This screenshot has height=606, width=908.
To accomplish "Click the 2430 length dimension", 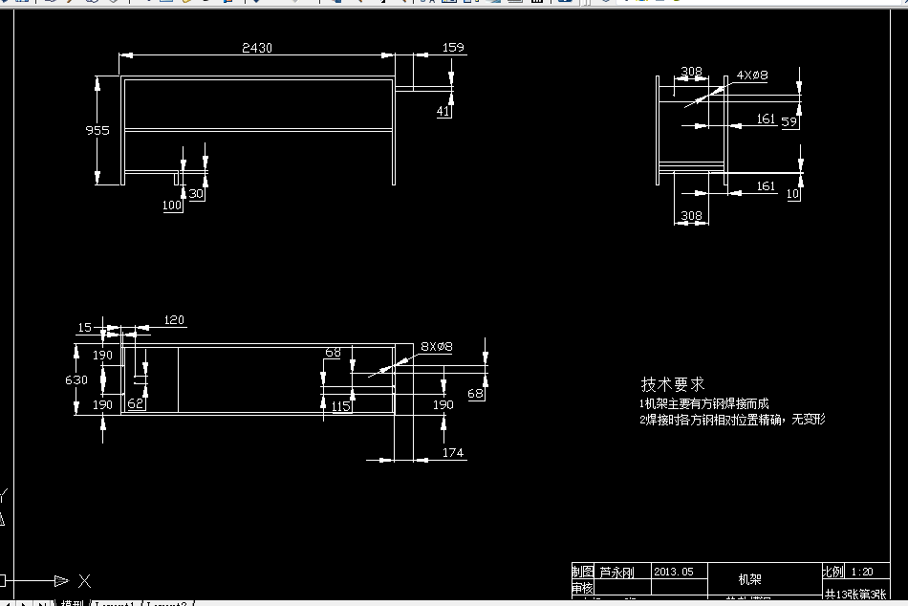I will tap(257, 47).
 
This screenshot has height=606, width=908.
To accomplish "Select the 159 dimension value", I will tap(453, 47).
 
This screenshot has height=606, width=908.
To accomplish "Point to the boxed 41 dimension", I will tap(443, 112).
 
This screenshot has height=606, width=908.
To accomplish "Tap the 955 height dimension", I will tap(97, 130).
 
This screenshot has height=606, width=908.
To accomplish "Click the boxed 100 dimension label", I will tap(172, 206).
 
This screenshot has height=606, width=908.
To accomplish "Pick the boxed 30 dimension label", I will tap(196, 194).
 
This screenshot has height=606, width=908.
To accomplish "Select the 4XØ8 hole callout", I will tap(752, 75).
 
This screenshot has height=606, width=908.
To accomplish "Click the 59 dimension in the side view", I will tap(789, 122).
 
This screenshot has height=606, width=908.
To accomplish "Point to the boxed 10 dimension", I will tap(793, 194).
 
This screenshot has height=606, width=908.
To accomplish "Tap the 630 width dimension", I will tap(76, 379).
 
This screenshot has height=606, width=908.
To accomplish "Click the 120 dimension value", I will tap(174, 320).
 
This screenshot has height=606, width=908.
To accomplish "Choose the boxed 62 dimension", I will tap(136, 404).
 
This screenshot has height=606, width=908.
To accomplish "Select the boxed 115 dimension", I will tap(341, 406).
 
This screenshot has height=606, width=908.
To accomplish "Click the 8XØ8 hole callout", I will tap(436, 347).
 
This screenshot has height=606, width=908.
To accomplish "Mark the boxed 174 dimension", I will tap(453, 452).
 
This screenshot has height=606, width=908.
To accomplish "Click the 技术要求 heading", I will tap(672, 384).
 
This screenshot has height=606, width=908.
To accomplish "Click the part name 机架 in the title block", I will tap(749, 579).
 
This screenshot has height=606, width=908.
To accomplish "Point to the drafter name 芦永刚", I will tap(616, 572).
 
